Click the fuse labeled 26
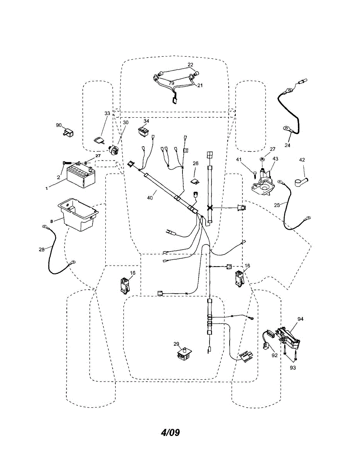point(196,180)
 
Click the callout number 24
point(287,145)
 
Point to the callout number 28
point(41,250)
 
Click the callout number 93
point(293,368)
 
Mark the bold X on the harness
point(210,208)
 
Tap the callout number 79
point(171,83)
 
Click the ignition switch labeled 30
point(113,149)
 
